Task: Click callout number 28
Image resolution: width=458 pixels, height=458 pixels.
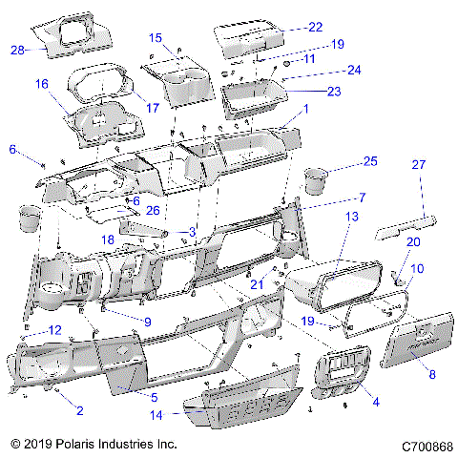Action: tap(17, 51)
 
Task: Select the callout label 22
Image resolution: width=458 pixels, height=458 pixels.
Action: tap(314, 27)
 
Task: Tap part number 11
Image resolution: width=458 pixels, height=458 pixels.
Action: tap(308, 59)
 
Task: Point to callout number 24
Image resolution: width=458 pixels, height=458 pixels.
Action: tap(326, 71)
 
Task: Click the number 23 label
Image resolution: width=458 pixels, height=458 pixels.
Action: tap(333, 92)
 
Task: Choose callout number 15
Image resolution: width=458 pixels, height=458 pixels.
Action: tap(156, 37)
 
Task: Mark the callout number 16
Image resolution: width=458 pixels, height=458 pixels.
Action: tap(42, 84)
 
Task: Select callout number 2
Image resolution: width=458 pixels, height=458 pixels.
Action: tap(78, 410)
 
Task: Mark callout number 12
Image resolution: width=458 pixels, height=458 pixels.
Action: tap(54, 330)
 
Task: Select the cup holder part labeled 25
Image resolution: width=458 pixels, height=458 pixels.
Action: tap(315, 181)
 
